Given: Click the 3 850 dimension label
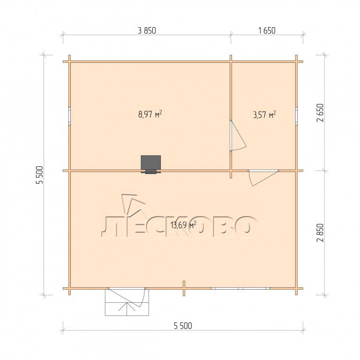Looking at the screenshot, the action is pyautogui.click(x=147, y=30).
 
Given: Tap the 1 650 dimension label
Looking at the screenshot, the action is pyautogui.click(x=267, y=30).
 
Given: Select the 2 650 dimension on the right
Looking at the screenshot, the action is pyautogui.click(x=320, y=112).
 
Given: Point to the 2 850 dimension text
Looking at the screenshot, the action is pyautogui.click(x=320, y=232).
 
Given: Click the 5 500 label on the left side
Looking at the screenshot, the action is pyautogui.click(x=39, y=175).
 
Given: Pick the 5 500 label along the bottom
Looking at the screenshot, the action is pyautogui.click(x=183, y=326).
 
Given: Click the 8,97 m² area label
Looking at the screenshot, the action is pyautogui.click(x=150, y=114).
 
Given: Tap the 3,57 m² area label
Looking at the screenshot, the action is pyautogui.click(x=264, y=114).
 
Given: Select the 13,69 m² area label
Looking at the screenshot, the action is pyautogui.click(x=183, y=225).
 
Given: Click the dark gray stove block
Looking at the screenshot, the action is pyautogui.click(x=150, y=164).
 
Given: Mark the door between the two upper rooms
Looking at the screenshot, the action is pyautogui.click(x=238, y=136).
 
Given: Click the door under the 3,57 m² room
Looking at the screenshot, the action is pyautogui.click(x=263, y=178).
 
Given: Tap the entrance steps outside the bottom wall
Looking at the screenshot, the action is pyautogui.click(x=127, y=302).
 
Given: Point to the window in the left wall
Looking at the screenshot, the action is pyautogui.click(x=69, y=116).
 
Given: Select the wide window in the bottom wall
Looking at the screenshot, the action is pyautogui.click(x=240, y=288).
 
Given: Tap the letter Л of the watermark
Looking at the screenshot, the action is pyautogui.click(x=110, y=227).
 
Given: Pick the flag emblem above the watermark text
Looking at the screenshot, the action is pyautogui.click(x=133, y=204).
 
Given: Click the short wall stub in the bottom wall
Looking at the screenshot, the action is pyautogui.click(x=184, y=288).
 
